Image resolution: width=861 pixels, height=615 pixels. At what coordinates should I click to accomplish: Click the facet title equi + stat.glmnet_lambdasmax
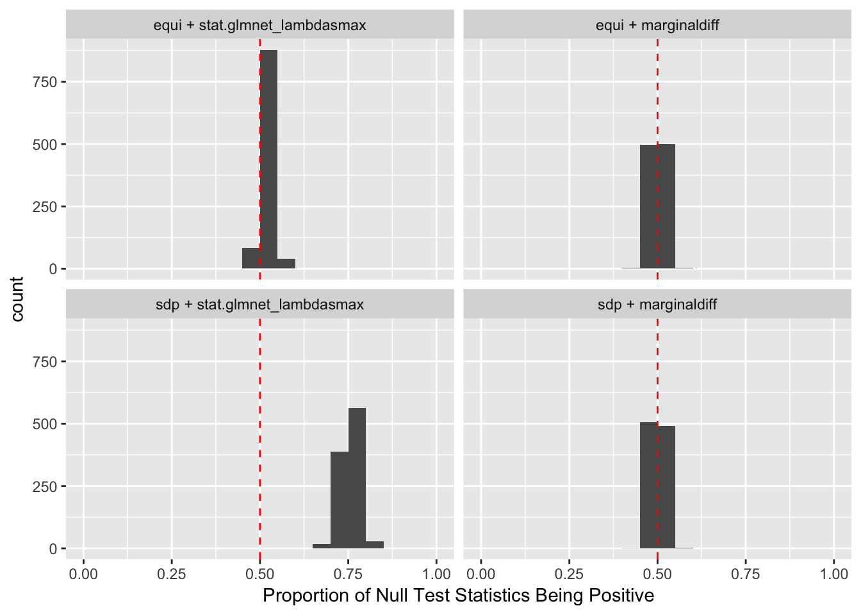[259, 26]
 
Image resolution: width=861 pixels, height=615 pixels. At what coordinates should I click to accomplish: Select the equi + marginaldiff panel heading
[657, 26]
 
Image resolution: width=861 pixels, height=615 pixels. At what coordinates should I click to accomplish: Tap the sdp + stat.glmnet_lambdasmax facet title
[259, 305]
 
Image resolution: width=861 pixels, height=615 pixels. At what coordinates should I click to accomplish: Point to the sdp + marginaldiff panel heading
[657, 305]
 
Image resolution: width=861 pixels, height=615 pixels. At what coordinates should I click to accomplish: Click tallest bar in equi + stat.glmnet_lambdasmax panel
[268, 160]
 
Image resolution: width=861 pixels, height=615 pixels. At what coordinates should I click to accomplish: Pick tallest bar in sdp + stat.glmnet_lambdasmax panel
[357, 478]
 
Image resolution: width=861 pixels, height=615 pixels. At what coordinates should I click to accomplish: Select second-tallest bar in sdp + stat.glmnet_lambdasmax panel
[340, 500]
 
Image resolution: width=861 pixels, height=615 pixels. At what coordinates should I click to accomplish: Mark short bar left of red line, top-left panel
[250, 258]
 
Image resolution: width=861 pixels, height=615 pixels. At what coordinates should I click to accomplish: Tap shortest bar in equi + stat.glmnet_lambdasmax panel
[286, 264]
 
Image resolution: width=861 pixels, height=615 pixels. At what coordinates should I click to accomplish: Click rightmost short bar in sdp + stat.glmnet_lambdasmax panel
[375, 545]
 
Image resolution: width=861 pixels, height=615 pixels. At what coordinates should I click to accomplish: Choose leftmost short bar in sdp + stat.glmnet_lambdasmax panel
[322, 546]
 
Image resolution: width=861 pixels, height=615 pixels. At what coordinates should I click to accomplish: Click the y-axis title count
[17, 299]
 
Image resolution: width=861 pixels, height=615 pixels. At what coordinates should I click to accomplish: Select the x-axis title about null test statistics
[458, 596]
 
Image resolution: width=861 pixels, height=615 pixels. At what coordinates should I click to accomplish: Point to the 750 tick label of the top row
[45, 82]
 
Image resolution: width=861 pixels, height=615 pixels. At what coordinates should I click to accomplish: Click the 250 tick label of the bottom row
[45, 486]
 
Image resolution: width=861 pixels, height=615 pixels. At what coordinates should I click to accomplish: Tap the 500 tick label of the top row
[45, 144]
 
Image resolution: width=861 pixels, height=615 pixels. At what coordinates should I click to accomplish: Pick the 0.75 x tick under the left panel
[348, 573]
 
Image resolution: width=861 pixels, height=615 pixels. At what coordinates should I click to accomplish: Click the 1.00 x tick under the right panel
[833, 573]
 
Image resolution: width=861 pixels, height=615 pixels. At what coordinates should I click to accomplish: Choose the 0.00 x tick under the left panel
[84, 573]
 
